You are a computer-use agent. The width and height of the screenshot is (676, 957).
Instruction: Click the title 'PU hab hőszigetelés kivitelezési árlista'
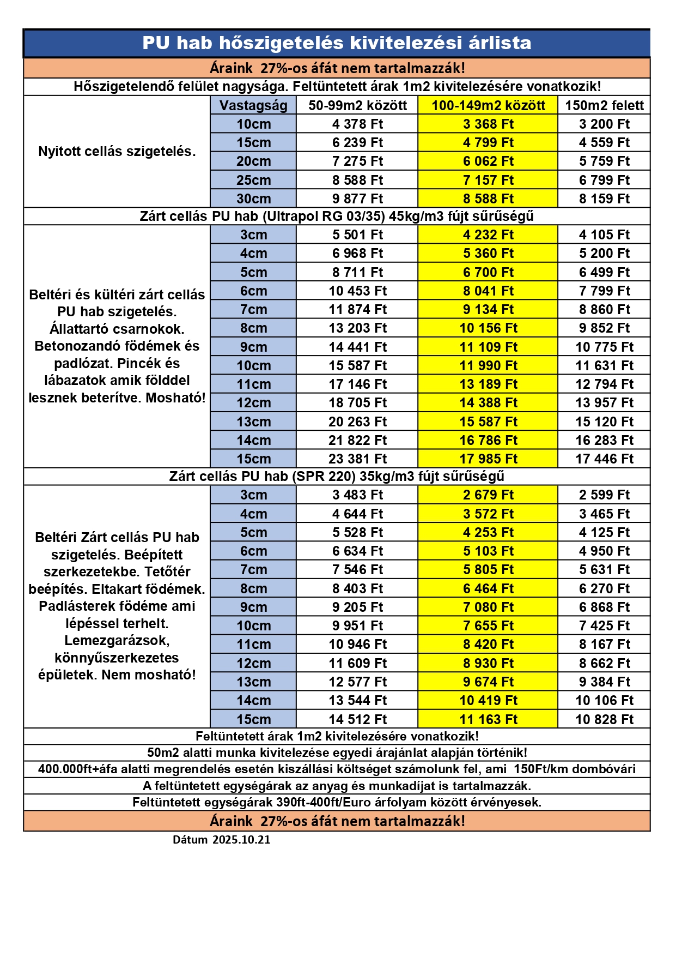[x=337, y=43]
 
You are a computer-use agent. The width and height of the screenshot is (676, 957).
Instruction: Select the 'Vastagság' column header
[x=253, y=105]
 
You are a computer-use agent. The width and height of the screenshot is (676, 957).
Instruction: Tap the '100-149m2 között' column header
[x=488, y=105]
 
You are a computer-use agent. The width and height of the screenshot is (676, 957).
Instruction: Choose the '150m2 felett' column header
[x=604, y=105]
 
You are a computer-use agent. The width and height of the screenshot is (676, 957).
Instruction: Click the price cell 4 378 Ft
[x=357, y=124]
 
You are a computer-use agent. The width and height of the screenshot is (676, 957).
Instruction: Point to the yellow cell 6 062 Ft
[x=488, y=161]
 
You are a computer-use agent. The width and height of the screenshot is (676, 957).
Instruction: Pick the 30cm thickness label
[x=253, y=198]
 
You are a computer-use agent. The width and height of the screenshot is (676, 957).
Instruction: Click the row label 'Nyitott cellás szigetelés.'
[x=117, y=152]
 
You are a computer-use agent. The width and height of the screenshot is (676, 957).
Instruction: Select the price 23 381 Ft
[x=357, y=459]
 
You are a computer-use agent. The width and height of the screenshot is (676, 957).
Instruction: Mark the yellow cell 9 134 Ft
[x=488, y=310]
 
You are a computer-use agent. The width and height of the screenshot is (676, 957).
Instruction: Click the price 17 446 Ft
[x=604, y=459]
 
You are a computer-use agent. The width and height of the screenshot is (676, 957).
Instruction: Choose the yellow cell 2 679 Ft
[x=488, y=495]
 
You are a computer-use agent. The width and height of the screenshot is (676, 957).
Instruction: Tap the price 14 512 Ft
[x=357, y=719]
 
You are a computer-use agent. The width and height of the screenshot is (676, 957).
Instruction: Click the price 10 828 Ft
[x=604, y=719]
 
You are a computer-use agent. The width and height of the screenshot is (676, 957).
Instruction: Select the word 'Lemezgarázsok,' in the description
[x=117, y=641]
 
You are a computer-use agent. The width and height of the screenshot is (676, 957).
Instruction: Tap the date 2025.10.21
[x=241, y=840]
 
